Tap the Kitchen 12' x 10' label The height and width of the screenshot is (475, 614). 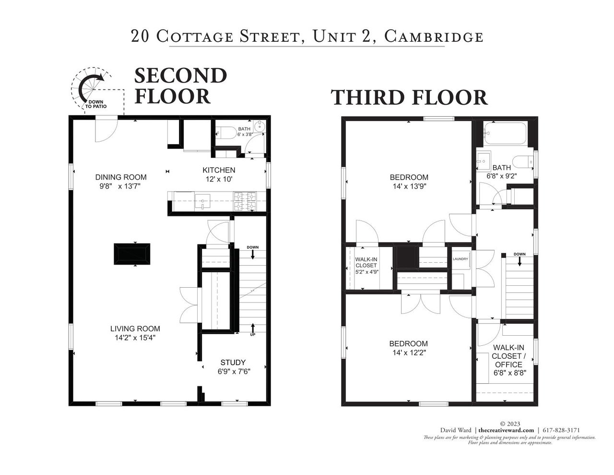point(219,174)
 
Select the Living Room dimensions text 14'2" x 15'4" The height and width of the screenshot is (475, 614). point(135,338)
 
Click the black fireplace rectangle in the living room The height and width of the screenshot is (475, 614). point(132,254)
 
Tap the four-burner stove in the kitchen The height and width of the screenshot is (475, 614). point(245,201)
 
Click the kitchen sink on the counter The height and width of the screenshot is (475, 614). point(202,201)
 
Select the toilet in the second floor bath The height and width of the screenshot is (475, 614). point(226,133)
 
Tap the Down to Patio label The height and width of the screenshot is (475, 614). point(96,104)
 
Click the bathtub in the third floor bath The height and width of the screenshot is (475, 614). point(505,133)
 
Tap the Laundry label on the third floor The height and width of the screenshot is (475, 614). point(460,259)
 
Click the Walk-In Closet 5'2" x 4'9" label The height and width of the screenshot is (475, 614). point(366,266)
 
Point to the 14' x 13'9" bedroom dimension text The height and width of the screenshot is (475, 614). point(410,186)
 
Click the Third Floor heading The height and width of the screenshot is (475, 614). point(410,97)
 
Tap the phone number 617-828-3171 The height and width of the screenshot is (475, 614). point(561,430)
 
